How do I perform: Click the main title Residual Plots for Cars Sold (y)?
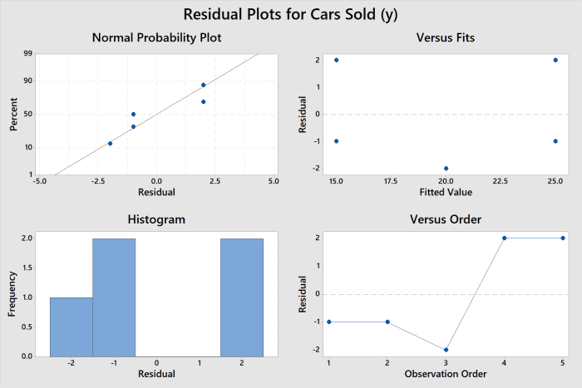(291, 15)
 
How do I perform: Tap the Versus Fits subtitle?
(445, 38)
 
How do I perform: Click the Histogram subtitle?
(156, 219)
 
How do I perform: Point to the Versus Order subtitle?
(445, 219)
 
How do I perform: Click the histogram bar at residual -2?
(71, 327)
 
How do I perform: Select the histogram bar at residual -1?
(114, 297)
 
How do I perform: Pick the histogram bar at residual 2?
(242, 297)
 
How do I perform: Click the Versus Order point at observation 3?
(446, 350)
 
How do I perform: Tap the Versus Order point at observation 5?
(563, 238)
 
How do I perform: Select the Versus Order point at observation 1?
(329, 322)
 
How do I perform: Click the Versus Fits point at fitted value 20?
(446, 169)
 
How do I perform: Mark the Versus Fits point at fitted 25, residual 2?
(555, 60)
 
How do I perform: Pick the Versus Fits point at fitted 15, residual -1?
(336, 141)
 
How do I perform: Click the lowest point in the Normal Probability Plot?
(110, 144)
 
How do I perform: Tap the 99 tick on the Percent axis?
(28, 53)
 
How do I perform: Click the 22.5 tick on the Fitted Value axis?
(501, 179)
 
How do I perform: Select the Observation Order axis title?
(445, 374)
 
